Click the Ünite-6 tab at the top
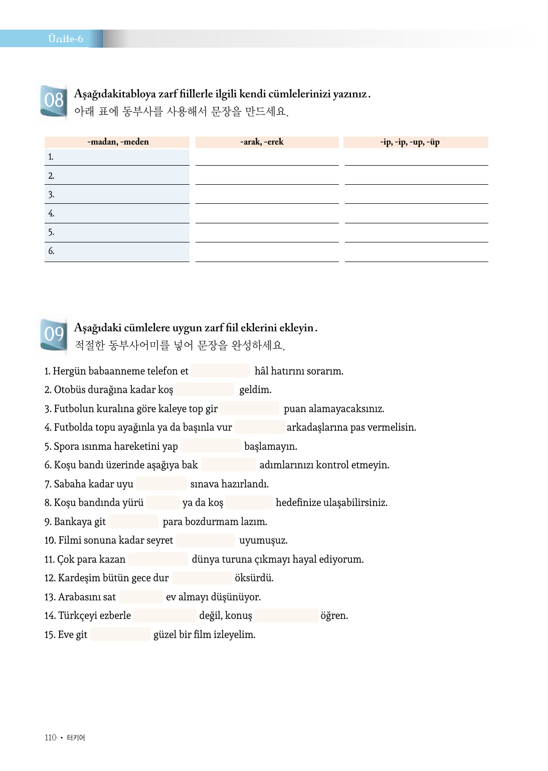click(65, 39)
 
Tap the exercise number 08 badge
click(54, 100)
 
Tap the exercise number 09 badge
click(54, 334)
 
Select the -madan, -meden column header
click(117, 142)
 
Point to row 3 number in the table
click(51, 195)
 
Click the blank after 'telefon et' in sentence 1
click(220, 371)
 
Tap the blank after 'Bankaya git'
click(133, 522)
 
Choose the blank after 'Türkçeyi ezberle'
click(164, 615)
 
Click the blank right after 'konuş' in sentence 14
click(286, 615)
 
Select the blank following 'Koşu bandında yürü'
click(163, 502)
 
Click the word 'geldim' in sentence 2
click(255, 390)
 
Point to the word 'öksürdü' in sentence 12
click(254, 578)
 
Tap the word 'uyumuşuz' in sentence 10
click(263, 541)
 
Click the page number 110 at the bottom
click(50, 737)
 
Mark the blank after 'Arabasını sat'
click(141, 597)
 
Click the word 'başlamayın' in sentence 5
click(270, 446)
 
